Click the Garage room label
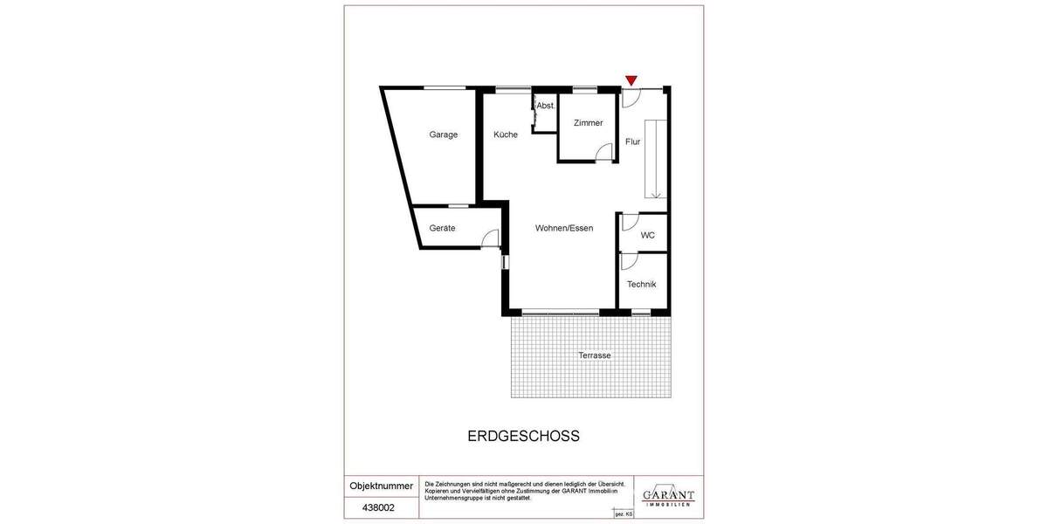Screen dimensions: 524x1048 point(444,134)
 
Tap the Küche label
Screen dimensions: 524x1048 point(506,134)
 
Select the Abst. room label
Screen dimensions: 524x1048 point(546,106)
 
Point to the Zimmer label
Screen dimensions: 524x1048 point(589,123)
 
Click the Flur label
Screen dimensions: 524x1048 point(633,141)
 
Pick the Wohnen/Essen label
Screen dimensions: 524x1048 point(564,229)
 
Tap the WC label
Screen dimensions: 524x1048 point(648,235)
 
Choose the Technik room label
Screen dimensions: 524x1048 point(642,285)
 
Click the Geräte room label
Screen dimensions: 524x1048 point(442,229)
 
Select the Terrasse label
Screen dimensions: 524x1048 point(594,355)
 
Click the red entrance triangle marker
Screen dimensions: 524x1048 point(631,81)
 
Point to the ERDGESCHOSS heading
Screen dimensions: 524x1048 point(524,436)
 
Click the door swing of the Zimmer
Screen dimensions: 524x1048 point(603,154)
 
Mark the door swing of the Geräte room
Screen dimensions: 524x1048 point(491,238)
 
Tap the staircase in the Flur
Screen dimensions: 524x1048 point(655,158)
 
